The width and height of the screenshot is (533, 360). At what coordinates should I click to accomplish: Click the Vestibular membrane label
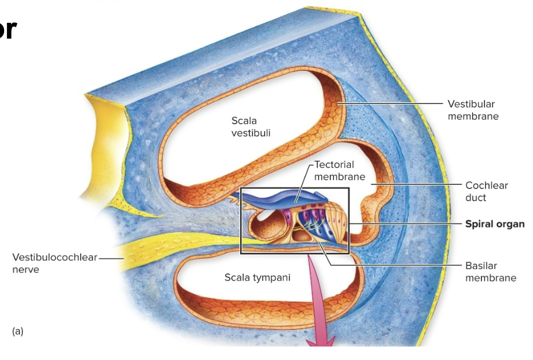coord(473,109)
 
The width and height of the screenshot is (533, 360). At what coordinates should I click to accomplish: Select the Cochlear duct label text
coord(486,191)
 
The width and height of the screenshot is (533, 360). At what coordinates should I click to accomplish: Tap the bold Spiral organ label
coord(494,224)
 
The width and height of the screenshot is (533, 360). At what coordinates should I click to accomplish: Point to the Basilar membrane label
coord(490,271)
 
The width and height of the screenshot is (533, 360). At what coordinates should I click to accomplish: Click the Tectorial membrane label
coord(339,170)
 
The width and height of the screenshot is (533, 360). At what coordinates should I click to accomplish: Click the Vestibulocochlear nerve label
coord(54,263)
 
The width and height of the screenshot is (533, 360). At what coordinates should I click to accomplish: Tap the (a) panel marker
coord(18,331)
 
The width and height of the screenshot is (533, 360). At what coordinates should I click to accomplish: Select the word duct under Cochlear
coord(476,197)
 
